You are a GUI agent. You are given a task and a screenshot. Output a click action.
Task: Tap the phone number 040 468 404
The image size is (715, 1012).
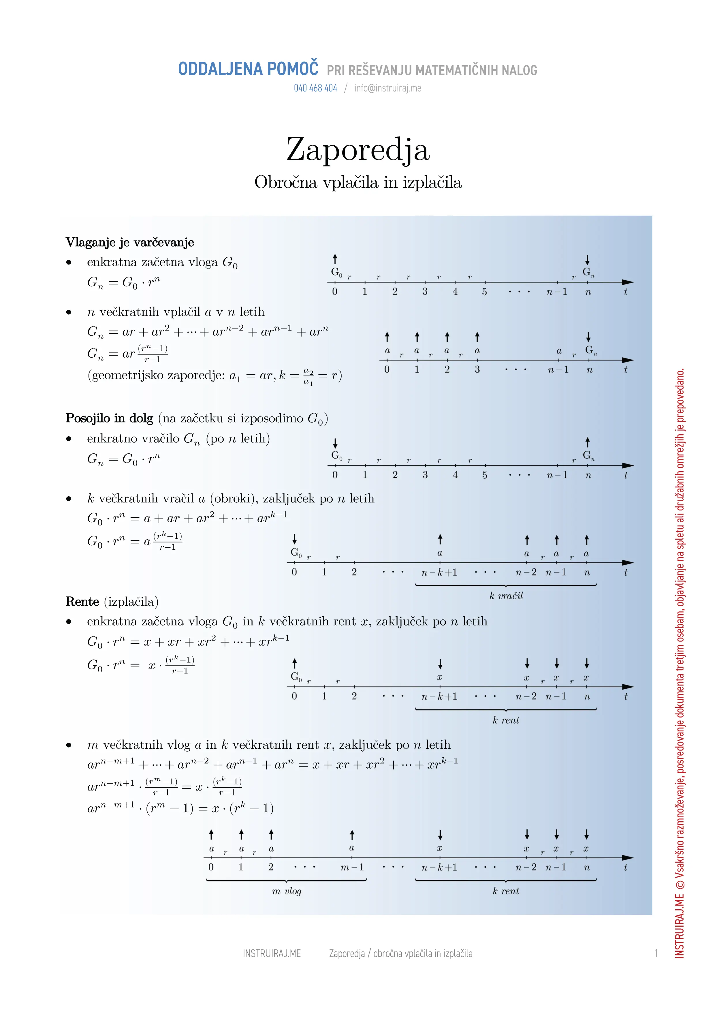pos(315,88)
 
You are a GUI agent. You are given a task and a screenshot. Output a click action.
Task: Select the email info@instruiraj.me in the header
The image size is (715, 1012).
pos(388,88)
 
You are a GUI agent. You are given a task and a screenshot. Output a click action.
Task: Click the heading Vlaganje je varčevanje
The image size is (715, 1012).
pos(129,243)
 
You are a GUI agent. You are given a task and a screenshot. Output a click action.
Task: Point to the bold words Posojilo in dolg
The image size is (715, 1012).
pos(109,418)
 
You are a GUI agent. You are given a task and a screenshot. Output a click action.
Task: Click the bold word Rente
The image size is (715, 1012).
pos(82,602)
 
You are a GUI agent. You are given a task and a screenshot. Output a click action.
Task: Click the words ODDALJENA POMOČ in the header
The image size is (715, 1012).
pos(248,69)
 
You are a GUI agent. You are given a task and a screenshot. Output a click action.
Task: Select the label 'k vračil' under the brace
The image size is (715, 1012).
pos(506,596)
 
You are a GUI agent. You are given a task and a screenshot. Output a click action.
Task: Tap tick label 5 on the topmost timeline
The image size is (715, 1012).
pos(484,292)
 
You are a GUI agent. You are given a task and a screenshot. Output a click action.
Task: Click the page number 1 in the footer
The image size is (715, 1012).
pos(656,954)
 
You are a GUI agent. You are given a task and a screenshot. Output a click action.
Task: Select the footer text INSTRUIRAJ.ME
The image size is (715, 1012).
pos(272,954)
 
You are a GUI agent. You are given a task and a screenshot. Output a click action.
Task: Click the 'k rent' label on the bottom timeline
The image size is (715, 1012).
pos(506,891)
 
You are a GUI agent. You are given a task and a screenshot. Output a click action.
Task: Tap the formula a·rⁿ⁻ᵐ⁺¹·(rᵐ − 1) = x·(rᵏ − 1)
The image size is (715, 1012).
pos(180,808)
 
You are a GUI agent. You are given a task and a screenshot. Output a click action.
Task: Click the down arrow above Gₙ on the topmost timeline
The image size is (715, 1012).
pos(587,260)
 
